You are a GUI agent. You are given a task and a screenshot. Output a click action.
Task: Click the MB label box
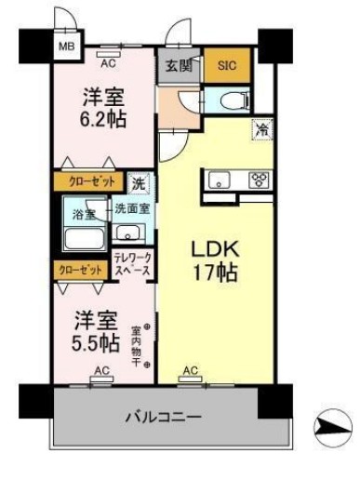[x=67, y=44]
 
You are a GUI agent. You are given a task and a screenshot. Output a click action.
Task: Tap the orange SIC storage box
[x=226, y=65]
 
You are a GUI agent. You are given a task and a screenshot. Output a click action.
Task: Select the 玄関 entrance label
[x=180, y=65]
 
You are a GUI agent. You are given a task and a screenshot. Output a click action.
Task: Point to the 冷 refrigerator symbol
[x=259, y=130]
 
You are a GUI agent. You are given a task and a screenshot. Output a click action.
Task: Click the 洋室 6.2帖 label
[x=103, y=107]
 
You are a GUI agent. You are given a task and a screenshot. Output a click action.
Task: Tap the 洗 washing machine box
[x=137, y=182]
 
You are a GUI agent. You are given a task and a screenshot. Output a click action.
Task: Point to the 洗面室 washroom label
[x=132, y=210]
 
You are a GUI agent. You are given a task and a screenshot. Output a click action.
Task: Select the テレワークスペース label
[x=133, y=263]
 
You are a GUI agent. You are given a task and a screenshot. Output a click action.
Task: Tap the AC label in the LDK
[x=190, y=371]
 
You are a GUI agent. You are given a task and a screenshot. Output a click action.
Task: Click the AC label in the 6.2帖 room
[x=108, y=63]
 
